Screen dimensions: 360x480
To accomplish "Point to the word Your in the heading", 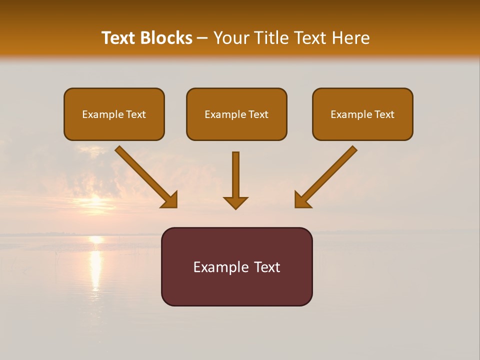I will pos(231,38).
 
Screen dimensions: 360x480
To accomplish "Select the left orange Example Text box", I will pos(114,114).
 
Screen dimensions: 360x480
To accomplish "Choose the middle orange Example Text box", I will pos(236,114).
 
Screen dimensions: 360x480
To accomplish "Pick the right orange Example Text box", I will pos(362,114).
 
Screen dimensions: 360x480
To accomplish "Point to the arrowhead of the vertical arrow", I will pos(235,202).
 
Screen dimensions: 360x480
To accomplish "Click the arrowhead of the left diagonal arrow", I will pos(170,200).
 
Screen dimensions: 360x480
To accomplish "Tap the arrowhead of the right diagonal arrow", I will pos(302,200).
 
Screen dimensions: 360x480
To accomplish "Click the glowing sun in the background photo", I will pos(95,203).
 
